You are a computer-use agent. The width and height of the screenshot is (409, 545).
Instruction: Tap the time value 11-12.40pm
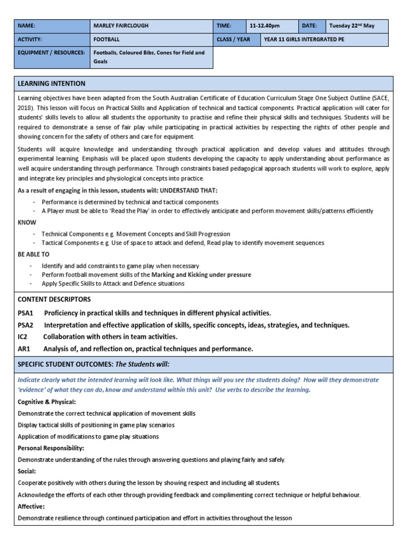[x=265, y=26]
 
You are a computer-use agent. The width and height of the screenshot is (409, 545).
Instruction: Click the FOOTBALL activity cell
[x=107, y=39]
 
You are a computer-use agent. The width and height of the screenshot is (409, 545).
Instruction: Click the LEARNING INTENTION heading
[x=51, y=84]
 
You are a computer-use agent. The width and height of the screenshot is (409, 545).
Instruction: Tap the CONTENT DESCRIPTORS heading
[x=54, y=299]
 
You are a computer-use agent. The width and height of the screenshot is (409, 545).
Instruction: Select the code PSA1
[x=26, y=312]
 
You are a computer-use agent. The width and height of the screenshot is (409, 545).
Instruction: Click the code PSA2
[x=26, y=325]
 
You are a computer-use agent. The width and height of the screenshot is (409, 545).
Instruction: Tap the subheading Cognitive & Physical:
[x=47, y=401]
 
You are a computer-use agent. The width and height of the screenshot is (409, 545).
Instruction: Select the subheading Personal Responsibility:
[x=51, y=448]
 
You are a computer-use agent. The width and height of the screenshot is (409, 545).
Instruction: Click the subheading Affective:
[x=31, y=507]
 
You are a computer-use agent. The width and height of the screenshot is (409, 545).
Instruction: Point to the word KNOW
[x=26, y=223]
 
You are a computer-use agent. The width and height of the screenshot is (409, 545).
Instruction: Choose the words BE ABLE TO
[x=34, y=254]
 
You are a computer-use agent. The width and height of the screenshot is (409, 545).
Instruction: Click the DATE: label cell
[x=309, y=26]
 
